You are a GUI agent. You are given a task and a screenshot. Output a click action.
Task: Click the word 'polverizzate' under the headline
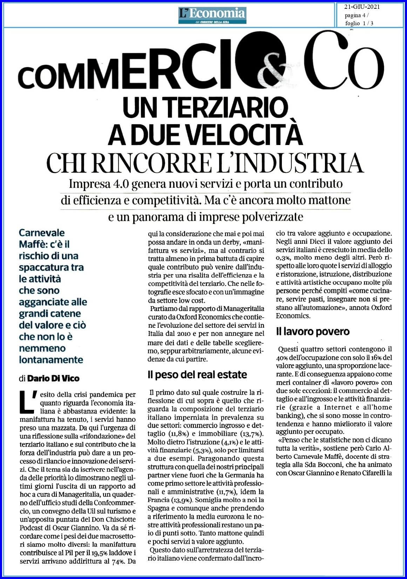pos(273,217)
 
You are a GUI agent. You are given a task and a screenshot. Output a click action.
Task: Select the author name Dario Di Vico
pos(54,378)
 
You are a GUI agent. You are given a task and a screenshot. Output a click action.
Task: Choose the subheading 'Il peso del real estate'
pos(197,374)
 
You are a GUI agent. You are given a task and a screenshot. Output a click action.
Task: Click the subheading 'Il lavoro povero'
pos(313,331)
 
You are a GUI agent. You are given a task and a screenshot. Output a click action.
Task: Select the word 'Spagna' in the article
pos(159,508)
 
